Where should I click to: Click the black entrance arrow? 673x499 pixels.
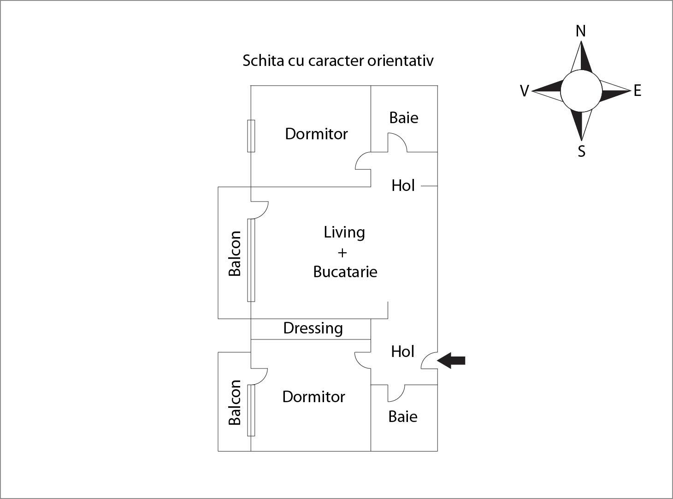(451, 360)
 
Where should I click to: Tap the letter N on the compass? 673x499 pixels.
(581, 31)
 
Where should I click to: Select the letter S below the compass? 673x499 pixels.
(581, 151)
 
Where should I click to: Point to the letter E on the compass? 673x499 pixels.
(638, 90)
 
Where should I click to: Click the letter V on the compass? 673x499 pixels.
(524, 91)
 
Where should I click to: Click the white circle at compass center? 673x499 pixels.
(581, 91)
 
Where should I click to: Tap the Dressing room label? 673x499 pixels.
(313, 328)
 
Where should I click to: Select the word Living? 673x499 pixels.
(344, 232)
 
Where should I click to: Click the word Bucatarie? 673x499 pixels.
(345, 272)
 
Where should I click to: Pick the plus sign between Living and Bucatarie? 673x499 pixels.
(342, 253)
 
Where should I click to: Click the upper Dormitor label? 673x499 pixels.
(316, 134)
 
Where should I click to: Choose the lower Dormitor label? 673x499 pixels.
(313, 397)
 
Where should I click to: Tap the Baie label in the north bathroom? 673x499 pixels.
(404, 118)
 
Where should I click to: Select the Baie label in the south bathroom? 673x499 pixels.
(403, 416)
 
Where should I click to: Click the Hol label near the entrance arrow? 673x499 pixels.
(402, 351)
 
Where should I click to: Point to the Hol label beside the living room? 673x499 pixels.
(403, 185)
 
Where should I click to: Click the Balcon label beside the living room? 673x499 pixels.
(235, 253)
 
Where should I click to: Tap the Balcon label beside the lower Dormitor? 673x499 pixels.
(235, 402)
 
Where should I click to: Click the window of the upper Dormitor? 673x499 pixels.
(251, 136)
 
